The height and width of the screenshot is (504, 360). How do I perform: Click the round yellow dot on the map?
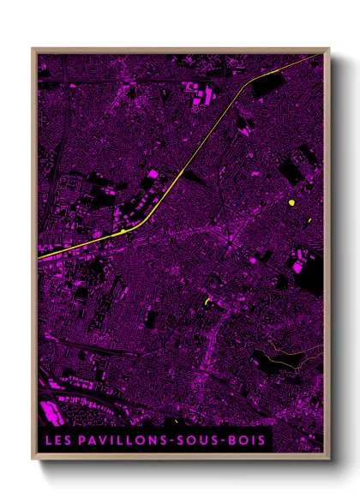pos(292,203)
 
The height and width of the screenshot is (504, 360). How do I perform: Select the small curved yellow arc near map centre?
pos(207,301)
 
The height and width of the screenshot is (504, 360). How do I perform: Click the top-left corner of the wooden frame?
pos(33,49)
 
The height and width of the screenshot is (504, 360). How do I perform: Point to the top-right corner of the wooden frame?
pos(329,49)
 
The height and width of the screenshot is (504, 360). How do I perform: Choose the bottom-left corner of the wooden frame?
pos(33,461)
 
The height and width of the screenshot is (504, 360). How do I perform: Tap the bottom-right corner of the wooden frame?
pos(329,461)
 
